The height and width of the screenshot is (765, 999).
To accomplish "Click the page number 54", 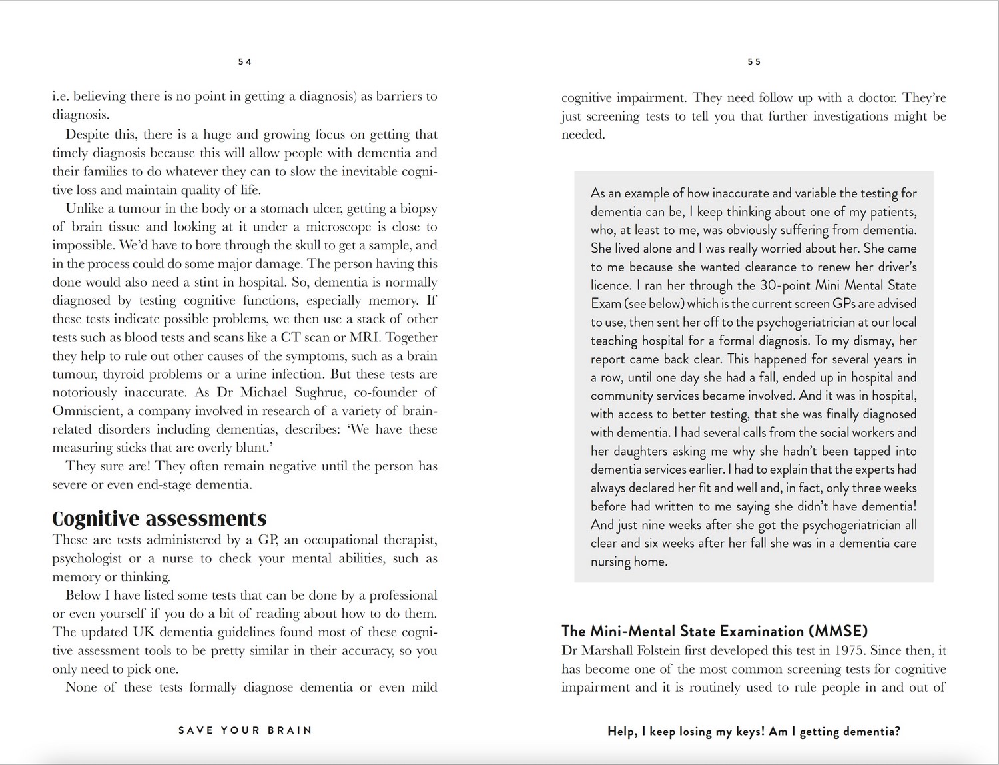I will click(245, 61).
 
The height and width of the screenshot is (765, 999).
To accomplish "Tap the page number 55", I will click(754, 61).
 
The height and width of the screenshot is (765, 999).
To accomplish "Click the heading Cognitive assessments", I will click(159, 518).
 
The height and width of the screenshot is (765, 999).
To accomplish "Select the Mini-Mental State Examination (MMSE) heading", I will click(715, 630).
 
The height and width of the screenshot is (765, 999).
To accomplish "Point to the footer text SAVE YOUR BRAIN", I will click(245, 730).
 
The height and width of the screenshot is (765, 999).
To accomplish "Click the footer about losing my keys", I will click(753, 731).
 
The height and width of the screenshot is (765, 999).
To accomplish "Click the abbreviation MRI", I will click(364, 337).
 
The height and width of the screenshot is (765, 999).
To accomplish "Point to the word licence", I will click(609, 285).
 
